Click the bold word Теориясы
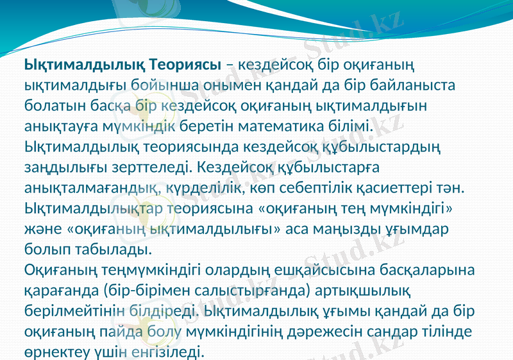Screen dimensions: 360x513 (185, 65)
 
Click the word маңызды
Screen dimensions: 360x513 (360, 229)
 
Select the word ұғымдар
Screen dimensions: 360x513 (426, 229)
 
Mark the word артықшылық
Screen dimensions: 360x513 (371, 291)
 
